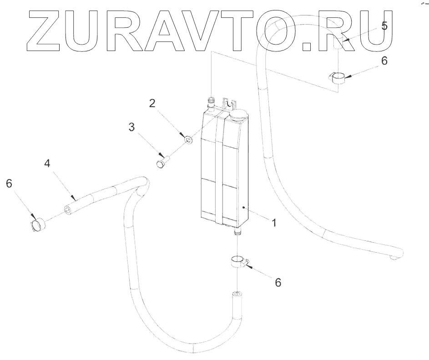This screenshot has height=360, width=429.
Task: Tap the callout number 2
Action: click(x=153, y=103)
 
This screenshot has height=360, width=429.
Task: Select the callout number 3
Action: click(x=131, y=128)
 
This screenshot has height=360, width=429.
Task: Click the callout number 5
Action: click(x=384, y=26)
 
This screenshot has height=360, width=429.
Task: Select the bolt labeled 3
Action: click(x=163, y=161)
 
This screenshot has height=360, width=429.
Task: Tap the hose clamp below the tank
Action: click(x=237, y=262)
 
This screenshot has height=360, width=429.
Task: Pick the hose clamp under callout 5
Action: click(x=338, y=78)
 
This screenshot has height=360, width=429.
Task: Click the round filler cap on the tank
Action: click(x=239, y=115)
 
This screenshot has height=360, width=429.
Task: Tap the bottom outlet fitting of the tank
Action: click(x=237, y=232)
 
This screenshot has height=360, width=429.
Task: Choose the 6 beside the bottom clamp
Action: click(x=278, y=282)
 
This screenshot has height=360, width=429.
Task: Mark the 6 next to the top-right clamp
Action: click(x=384, y=60)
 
